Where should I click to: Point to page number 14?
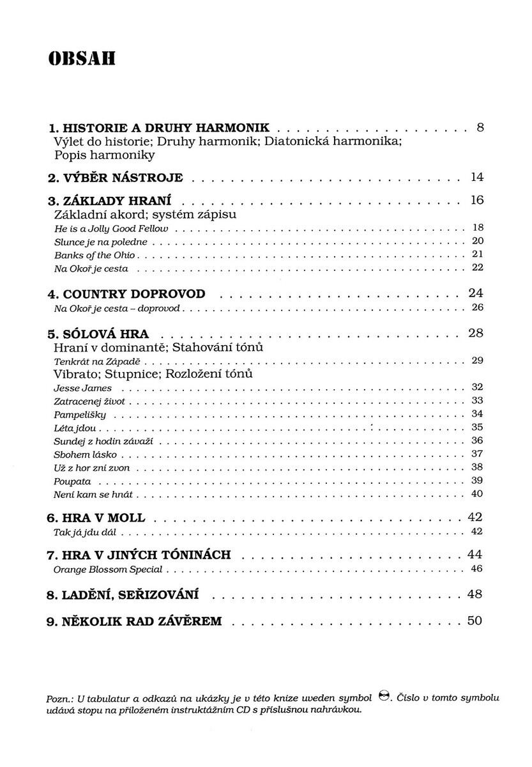tap(477, 176)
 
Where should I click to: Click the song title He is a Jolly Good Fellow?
tap(111, 228)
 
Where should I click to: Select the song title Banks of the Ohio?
tap(95, 255)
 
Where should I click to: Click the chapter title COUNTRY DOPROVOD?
tap(126, 295)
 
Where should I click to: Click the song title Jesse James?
tap(83, 388)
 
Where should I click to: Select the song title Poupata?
tap(73, 481)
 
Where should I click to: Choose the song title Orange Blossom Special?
tap(109, 569)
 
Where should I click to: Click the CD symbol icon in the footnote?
tap(384, 696)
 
